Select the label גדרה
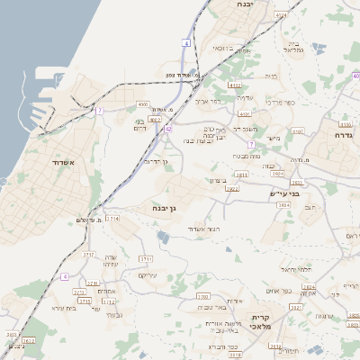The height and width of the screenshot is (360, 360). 343,135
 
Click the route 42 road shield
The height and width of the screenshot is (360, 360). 167,129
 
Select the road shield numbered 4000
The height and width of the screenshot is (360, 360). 143,104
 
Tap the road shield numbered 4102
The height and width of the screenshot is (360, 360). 236,85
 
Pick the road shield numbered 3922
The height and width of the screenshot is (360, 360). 231,189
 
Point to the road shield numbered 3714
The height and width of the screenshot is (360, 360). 112,218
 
